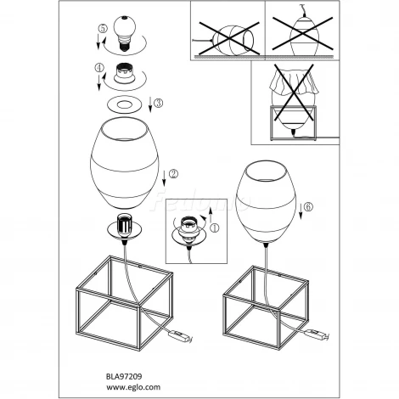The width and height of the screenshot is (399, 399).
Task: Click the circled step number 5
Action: [x=103, y=29]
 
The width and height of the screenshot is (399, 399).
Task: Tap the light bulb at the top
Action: [x=125, y=33]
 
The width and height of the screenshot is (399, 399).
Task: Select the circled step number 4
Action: [x=99, y=68]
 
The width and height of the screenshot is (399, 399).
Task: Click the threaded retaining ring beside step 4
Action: [x=125, y=74]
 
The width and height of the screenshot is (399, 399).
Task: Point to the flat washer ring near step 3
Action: [x=125, y=105]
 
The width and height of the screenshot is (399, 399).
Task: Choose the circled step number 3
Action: [x=158, y=103]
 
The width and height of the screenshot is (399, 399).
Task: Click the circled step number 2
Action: [x=173, y=174]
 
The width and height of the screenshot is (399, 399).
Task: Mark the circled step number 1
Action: [x=215, y=228]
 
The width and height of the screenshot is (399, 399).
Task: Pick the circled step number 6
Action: [x=308, y=207]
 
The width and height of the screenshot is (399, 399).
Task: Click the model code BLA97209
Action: [x=124, y=376]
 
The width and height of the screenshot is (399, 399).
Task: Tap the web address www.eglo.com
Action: [x=133, y=387]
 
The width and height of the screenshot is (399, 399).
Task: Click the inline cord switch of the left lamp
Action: [x=180, y=336]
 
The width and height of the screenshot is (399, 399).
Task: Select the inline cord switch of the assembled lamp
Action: [x=317, y=334]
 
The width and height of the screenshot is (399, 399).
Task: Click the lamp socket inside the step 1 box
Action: [x=189, y=228]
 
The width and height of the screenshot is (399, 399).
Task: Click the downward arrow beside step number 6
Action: [x=301, y=212]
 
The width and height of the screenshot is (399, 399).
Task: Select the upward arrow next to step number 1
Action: [x=211, y=216]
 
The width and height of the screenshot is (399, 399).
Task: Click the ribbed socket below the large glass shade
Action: [x=125, y=226]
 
